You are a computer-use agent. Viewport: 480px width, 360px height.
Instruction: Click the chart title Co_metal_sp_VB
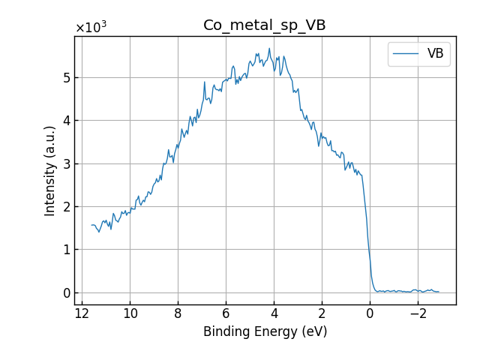[x=264, y=25]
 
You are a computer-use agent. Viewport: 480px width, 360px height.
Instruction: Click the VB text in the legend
[x=435, y=54]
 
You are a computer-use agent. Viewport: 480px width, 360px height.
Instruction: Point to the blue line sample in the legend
[x=406, y=54]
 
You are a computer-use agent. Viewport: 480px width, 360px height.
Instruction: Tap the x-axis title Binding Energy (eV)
[x=265, y=331]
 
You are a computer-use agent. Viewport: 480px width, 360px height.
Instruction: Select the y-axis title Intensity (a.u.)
[x=50, y=171]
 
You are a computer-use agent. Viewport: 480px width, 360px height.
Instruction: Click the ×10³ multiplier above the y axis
[x=91, y=27]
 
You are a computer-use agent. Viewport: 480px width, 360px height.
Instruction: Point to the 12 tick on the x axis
[x=82, y=313]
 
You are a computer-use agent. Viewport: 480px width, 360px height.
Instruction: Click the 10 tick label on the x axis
[x=130, y=313]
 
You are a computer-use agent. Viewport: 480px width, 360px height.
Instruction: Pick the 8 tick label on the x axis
[x=178, y=313]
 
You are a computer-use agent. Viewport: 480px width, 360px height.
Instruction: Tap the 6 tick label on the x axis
[x=226, y=313]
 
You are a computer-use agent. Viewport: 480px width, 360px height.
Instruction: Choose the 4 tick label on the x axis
[x=274, y=313]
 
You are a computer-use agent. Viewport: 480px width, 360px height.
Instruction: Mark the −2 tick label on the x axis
[x=418, y=313]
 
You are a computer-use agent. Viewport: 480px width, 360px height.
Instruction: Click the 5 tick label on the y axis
[x=67, y=78]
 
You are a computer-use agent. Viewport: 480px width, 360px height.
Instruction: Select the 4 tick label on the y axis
[x=67, y=121]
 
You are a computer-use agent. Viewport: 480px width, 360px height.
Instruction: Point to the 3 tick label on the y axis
[x=67, y=163]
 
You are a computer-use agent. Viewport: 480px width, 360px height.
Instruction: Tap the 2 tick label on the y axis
[x=67, y=207]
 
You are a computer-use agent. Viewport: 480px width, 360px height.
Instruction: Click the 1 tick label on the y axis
[x=67, y=250]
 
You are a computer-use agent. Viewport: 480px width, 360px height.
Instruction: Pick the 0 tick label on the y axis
[x=67, y=292]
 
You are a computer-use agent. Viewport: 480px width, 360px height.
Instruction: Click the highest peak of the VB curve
[x=269, y=49]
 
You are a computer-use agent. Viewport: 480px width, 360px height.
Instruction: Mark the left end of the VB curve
[x=91, y=225]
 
